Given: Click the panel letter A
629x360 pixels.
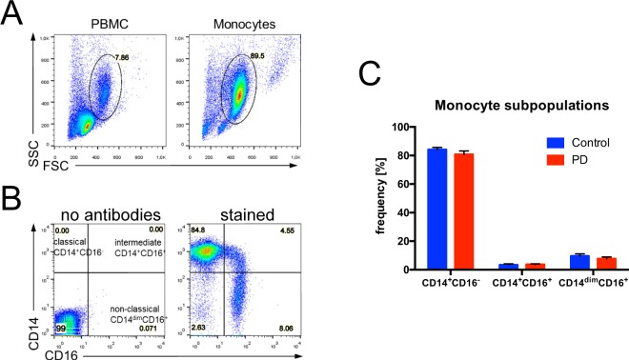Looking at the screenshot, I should point(14,16).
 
